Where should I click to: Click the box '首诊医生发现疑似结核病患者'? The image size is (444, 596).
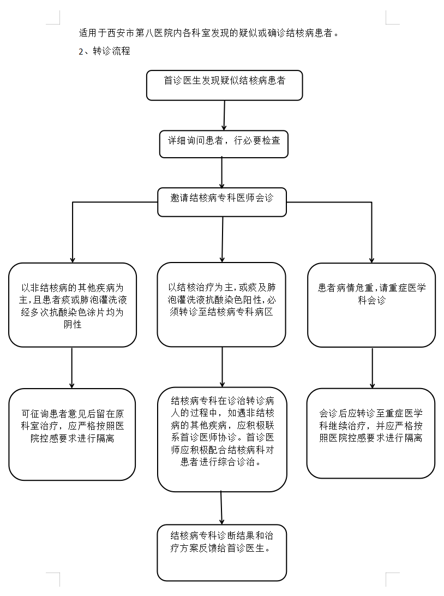224,85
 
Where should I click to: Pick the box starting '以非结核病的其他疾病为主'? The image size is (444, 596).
73,305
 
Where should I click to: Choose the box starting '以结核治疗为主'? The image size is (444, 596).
221,304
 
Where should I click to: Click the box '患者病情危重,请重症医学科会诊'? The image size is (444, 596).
371,305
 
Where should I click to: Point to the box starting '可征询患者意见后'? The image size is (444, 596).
73,434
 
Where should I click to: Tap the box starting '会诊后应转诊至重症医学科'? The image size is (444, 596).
371,432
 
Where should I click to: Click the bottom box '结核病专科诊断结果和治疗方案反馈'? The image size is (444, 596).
221,552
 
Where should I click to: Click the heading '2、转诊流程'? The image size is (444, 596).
104,52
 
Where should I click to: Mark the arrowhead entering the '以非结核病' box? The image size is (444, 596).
73,258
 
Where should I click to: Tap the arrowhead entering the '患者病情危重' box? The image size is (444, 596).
371,258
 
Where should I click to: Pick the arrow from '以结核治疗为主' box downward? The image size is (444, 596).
222,367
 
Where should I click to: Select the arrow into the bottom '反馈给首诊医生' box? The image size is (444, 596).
221,508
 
